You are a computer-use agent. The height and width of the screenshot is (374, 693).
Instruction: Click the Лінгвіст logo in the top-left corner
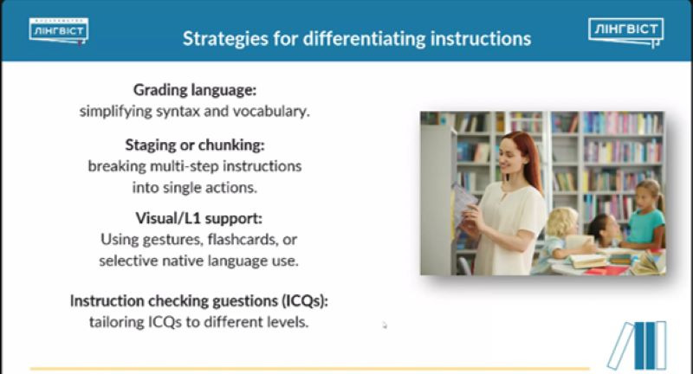[59, 31]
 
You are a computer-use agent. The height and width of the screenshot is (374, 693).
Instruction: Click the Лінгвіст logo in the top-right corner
[625, 32]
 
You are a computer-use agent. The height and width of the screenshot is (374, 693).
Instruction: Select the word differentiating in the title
[364, 38]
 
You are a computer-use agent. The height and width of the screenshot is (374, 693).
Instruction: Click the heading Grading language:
[195, 90]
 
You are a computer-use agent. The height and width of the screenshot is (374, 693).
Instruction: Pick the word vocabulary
[271, 111]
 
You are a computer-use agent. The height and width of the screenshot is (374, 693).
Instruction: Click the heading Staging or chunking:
[195, 145]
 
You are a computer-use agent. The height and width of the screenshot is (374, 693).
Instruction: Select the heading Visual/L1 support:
[199, 218]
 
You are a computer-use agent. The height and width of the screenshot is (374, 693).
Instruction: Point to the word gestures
[165, 240]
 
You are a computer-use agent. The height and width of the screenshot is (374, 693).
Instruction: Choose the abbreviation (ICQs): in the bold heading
[305, 300]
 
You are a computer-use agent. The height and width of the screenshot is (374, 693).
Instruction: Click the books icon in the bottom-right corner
[637, 345]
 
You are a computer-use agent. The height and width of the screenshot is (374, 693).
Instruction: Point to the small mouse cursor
[385, 326]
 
